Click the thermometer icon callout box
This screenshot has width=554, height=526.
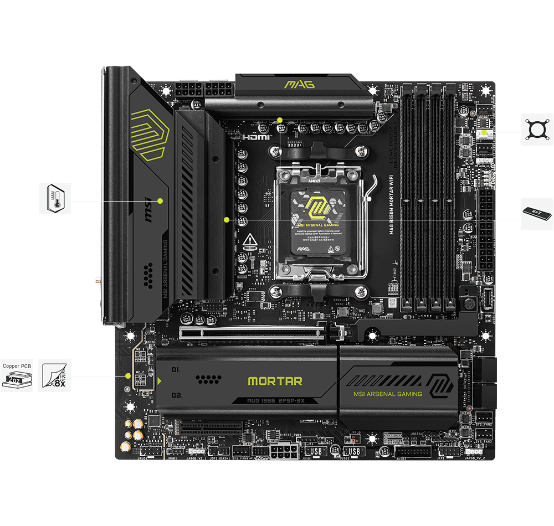click(x=55, y=198)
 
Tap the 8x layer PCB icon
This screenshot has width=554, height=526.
click(x=55, y=375)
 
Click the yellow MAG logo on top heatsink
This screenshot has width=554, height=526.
click(x=299, y=84)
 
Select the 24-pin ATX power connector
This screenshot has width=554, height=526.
click(x=487, y=238)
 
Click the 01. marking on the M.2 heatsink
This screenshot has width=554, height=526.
click(x=176, y=369)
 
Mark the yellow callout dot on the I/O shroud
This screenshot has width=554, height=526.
click(x=160, y=200)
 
